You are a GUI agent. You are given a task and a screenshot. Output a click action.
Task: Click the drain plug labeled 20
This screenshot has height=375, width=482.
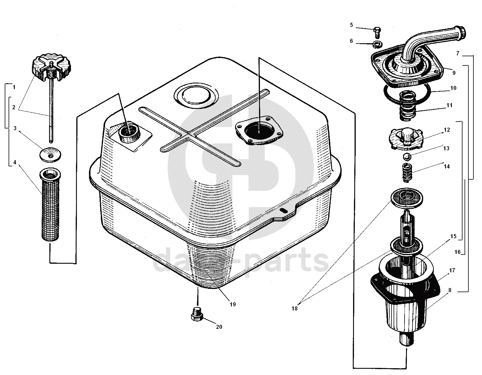197,314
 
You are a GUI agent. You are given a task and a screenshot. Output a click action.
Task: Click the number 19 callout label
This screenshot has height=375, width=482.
233,304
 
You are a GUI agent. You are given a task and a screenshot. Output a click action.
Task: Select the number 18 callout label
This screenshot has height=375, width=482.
295,308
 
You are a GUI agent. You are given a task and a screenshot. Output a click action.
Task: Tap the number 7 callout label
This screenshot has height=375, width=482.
457,54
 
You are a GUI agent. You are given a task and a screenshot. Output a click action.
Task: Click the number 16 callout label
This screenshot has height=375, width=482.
457,252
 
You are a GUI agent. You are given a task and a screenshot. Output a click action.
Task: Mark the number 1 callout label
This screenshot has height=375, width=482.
14,87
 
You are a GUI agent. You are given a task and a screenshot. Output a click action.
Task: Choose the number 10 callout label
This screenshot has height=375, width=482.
453,88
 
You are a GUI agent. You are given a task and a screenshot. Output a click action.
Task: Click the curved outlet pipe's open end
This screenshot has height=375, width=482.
462,30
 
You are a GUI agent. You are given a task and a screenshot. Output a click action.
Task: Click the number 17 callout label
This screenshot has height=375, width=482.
452,270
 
